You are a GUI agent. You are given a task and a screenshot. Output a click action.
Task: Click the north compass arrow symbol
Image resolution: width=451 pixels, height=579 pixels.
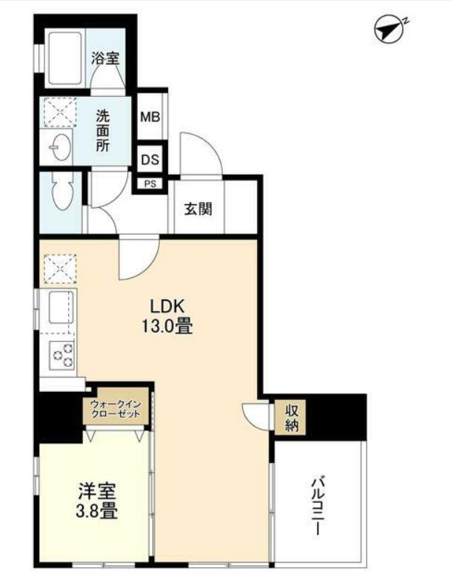(x=390, y=30)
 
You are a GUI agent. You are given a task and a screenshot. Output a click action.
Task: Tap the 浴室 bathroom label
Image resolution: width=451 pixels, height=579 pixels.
(x=105, y=58)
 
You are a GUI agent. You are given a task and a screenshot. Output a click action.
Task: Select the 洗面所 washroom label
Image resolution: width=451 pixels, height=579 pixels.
(x=104, y=130)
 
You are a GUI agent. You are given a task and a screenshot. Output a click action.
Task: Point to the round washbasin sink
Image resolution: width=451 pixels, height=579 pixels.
(x=59, y=149)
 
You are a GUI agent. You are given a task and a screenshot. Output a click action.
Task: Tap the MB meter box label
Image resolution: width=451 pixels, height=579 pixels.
(x=152, y=117)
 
